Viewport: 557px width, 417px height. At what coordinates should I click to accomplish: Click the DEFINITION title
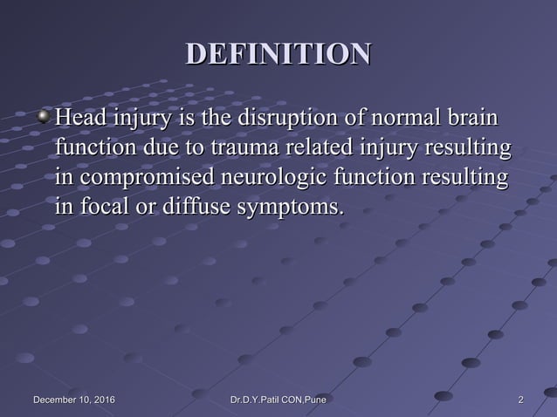pyautogui.click(x=278, y=54)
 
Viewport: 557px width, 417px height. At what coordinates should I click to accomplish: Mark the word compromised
pyautogui.click(x=141, y=178)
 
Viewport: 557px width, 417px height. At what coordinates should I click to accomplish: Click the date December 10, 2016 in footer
pyautogui.click(x=73, y=400)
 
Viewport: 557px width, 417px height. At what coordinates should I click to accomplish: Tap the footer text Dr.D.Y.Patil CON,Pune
pyautogui.click(x=278, y=400)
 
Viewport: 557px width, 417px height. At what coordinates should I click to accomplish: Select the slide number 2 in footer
pyautogui.click(x=521, y=400)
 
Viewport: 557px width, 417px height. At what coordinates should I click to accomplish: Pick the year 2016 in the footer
pyautogui.click(x=102, y=400)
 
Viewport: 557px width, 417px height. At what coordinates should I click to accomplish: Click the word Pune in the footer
pyautogui.click(x=313, y=400)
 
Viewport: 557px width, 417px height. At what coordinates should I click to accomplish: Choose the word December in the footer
pyautogui.click(x=52, y=400)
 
